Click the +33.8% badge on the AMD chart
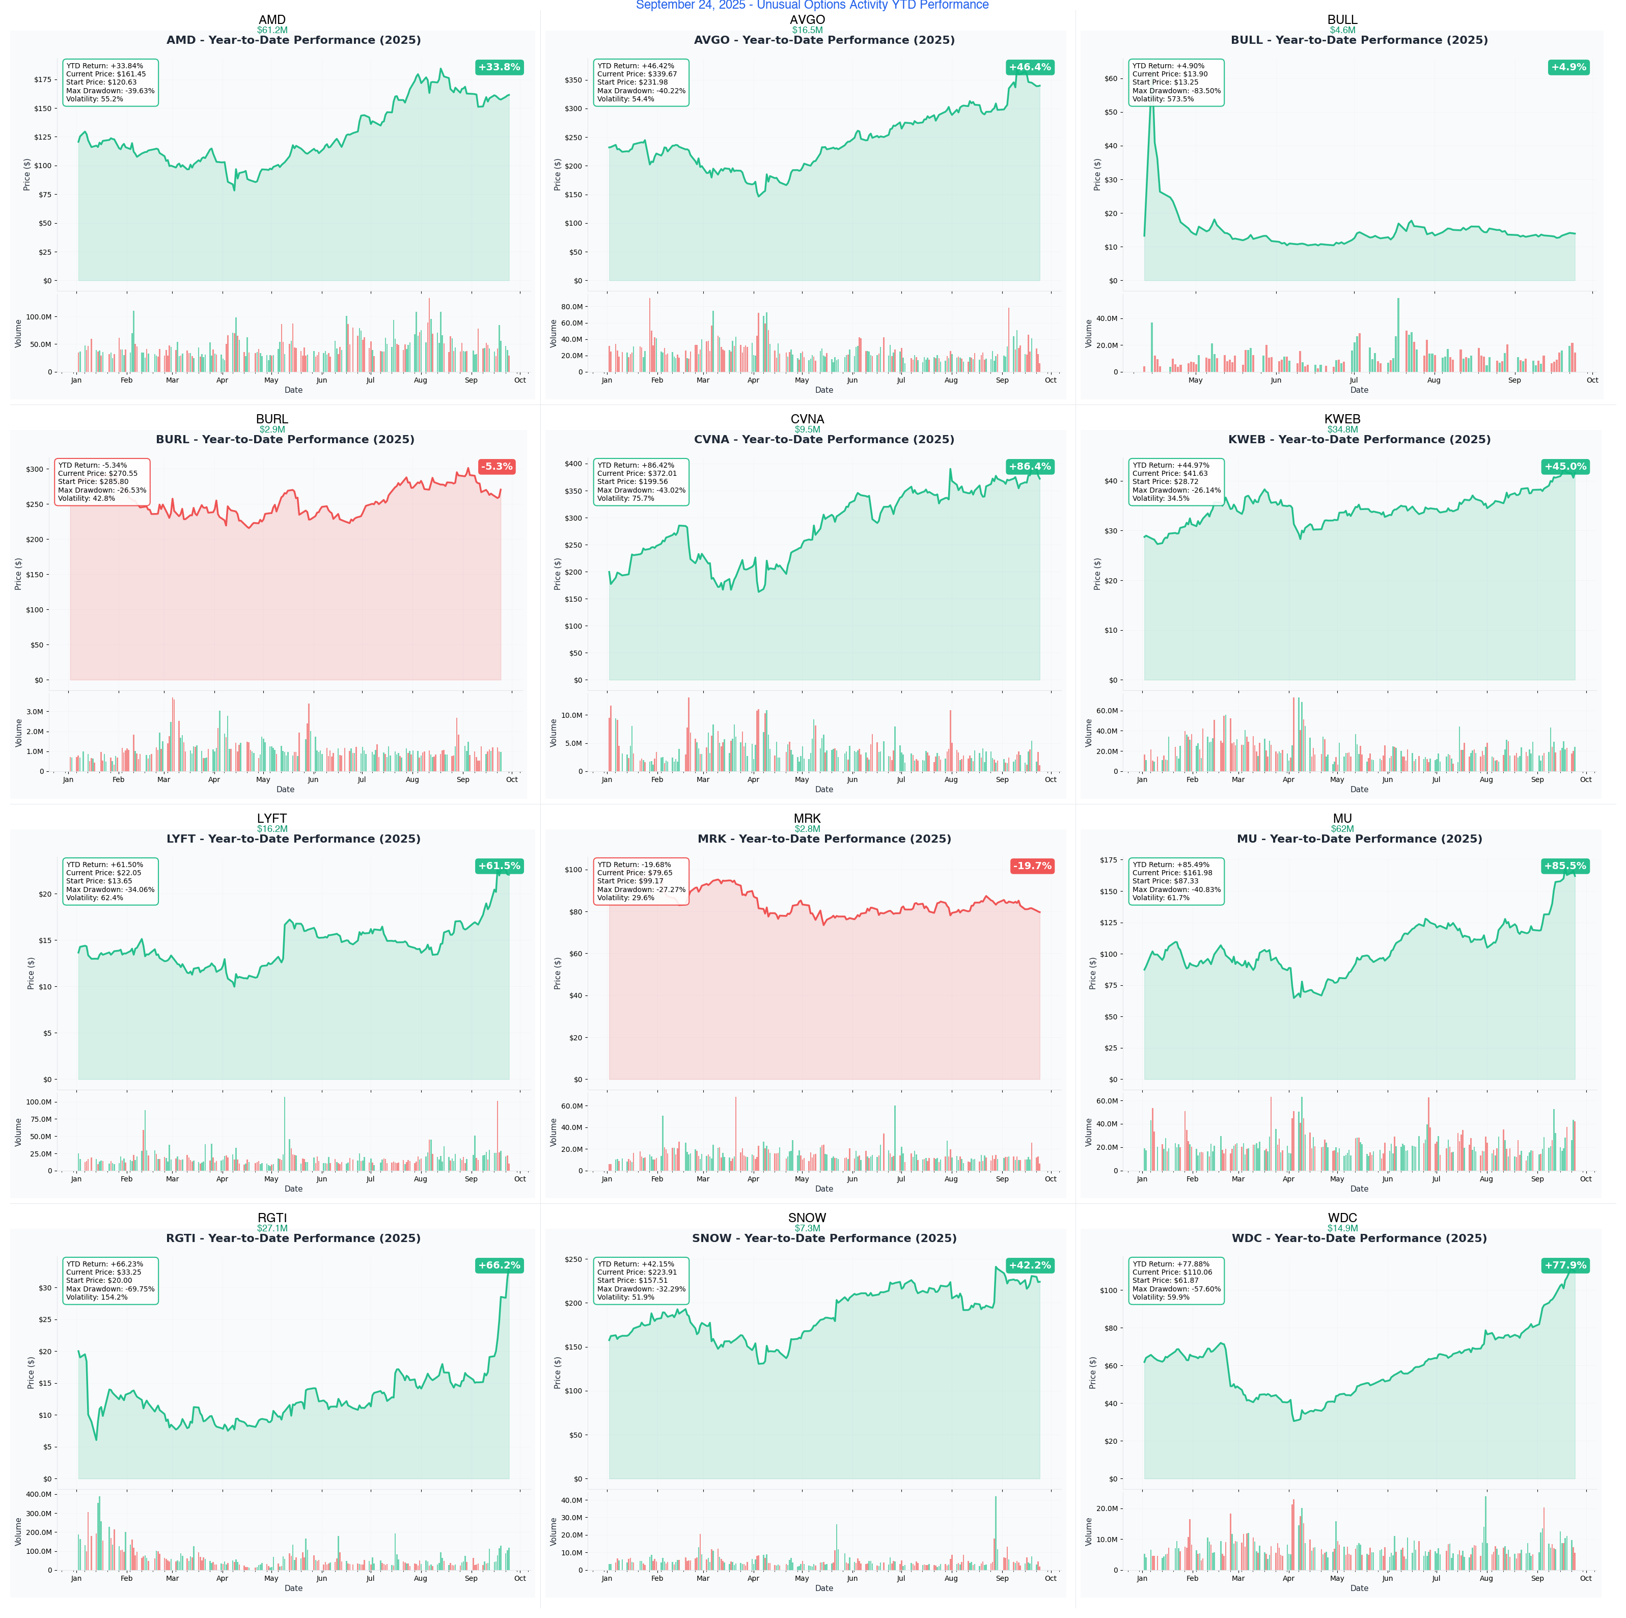pyautogui.click(x=499, y=67)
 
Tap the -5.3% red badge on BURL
pyautogui.click(x=497, y=466)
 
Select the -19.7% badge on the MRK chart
pyautogui.click(x=1032, y=866)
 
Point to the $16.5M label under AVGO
pyautogui.click(x=807, y=30)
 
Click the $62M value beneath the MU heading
pyautogui.click(x=1342, y=829)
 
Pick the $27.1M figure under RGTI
pyautogui.click(x=272, y=1228)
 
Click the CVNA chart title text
pyautogui.click(x=824, y=440)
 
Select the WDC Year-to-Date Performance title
pyautogui.click(x=1359, y=1238)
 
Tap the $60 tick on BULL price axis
pyautogui.click(x=1111, y=78)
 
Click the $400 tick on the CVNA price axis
pyautogui.click(x=572, y=464)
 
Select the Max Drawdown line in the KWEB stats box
pyautogui.click(x=1176, y=490)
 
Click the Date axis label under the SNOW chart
pyautogui.click(x=824, y=1588)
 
